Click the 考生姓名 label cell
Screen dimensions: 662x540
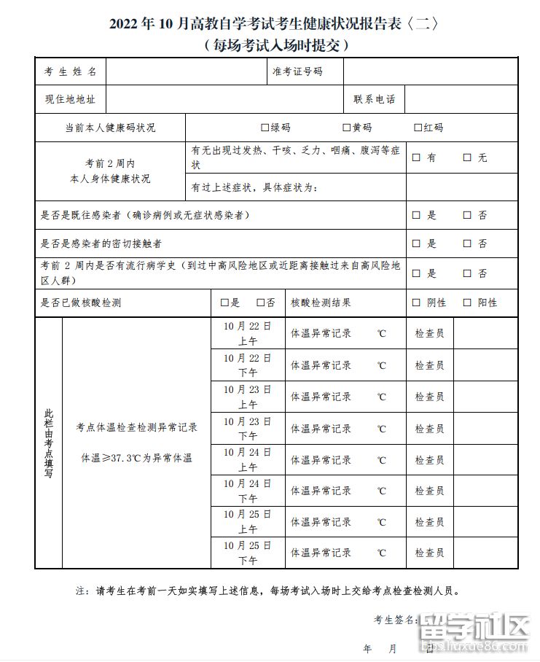pos(71,71)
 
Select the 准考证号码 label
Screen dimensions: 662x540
pos(297,71)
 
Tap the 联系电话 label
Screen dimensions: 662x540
pos(374,99)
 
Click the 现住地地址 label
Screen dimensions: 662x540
pos(70,99)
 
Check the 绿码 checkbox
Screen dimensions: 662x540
pos(265,128)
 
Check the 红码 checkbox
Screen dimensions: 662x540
pos(418,128)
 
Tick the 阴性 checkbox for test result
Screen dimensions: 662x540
pos(416,303)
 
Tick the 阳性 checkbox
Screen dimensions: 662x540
pos(467,303)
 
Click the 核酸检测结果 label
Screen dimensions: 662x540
pos(321,303)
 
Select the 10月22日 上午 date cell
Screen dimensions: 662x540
pos(247,333)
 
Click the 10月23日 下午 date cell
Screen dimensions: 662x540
pos(247,428)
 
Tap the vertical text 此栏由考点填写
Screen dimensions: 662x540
pos(48,443)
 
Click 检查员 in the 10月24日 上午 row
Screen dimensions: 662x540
pos(429,460)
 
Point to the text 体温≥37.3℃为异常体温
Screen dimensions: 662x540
pos(136,459)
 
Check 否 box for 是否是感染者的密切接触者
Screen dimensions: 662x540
pos(467,244)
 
